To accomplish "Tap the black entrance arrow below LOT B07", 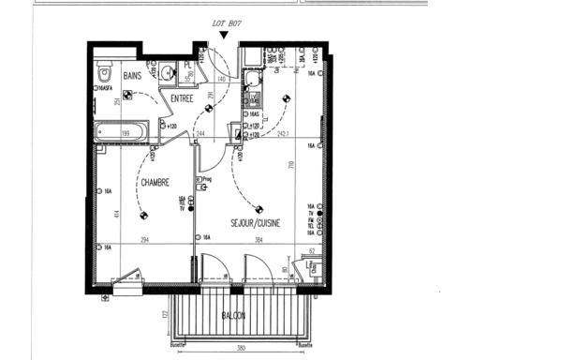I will click(222, 36).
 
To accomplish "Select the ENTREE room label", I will click(182, 98).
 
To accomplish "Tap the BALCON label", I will click(234, 316).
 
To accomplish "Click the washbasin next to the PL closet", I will click(167, 70).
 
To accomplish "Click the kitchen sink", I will click(253, 99).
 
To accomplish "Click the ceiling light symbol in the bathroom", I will click(127, 94).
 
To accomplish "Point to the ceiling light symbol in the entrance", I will click(208, 109).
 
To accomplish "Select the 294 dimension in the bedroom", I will click(145, 240).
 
